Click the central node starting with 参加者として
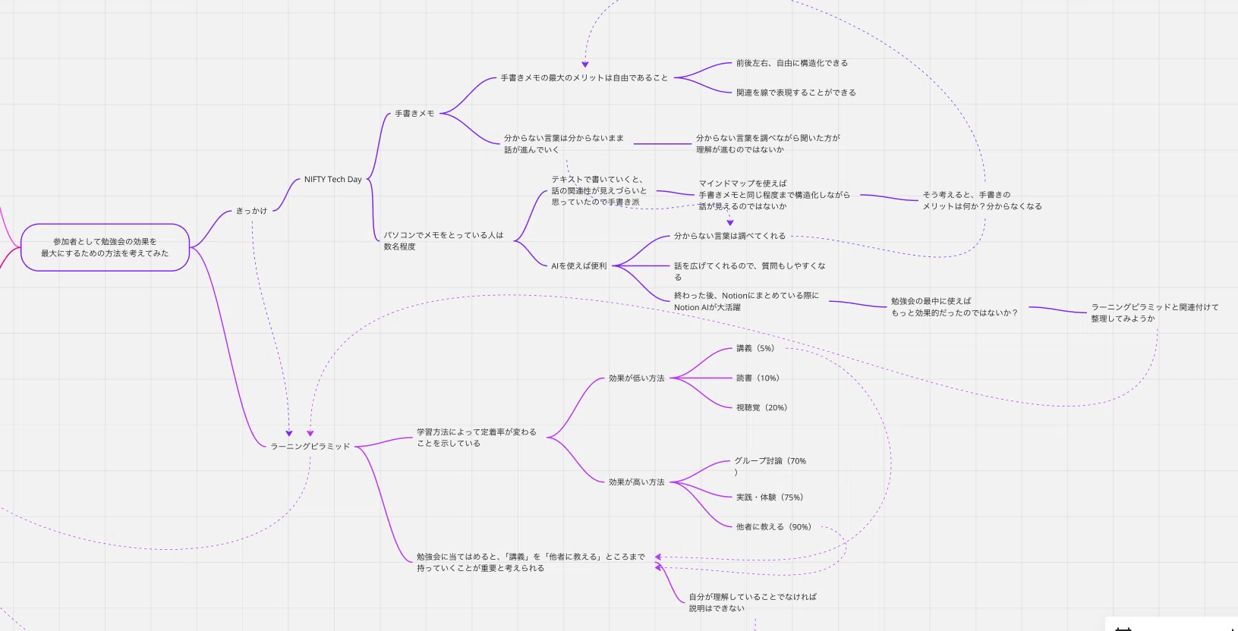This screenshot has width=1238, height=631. tap(105, 247)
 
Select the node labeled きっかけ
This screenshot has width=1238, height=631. tap(251, 211)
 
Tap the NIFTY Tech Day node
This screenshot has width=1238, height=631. tap(332, 180)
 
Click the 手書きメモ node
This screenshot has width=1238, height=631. tap(414, 114)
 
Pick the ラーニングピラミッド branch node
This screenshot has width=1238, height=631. tap(310, 447)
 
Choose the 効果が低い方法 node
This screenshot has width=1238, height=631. tap(636, 378)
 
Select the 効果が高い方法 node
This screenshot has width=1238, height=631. tap(636, 482)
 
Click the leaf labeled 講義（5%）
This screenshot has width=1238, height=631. tap(755, 349)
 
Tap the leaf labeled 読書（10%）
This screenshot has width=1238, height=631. tap(758, 378)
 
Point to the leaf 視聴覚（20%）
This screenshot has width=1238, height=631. tap(761, 408)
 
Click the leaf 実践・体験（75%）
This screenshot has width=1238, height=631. tap(770, 498)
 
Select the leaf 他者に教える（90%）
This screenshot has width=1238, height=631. tap(773, 527)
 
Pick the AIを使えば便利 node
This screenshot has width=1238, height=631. tap(579, 266)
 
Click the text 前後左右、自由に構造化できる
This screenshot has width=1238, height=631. tap(792, 64)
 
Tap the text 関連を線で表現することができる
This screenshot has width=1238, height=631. tap(795, 93)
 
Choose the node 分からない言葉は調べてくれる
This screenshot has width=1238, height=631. tap(730, 237)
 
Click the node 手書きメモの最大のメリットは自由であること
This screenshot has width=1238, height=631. tap(584, 78)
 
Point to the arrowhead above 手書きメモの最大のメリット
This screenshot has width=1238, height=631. tap(584, 64)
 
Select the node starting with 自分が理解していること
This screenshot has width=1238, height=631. tap(752, 603)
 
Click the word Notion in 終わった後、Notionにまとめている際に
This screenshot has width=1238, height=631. tap(734, 296)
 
